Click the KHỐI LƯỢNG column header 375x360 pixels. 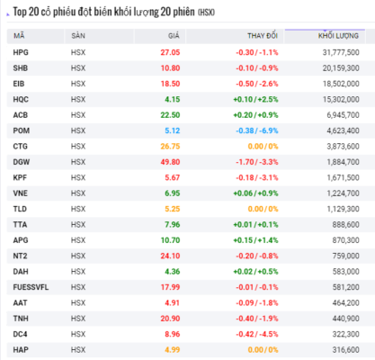[338, 36]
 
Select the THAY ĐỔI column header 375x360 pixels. [263, 36]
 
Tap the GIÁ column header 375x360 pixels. [174, 36]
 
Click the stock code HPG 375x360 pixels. [21, 52]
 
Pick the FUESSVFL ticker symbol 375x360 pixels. [31, 287]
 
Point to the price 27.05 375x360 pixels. [170, 52]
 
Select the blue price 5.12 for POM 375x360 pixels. [173, 130]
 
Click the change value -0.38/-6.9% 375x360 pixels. [257, 130]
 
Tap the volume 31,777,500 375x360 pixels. [341, 52]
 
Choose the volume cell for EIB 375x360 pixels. [341, 84]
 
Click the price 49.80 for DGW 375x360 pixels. [170, 162]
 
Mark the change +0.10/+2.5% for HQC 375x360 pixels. [255, 99]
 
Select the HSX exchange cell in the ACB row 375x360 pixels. [78, 115]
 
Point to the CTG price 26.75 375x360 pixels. [170, 147]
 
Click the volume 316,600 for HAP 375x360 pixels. [345, 350]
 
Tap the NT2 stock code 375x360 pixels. [20, 256]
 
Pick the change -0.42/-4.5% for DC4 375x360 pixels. [257, 334]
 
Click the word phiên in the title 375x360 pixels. [183, 12]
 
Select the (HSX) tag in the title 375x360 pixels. [206, 13]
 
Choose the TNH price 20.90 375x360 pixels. [170, 319]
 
